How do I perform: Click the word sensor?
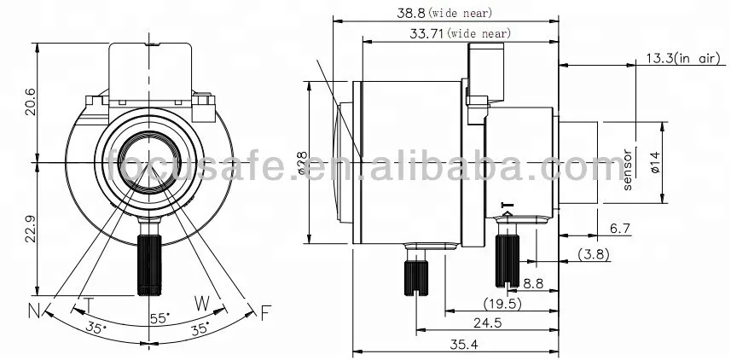[626, 171]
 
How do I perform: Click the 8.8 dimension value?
[534, 282]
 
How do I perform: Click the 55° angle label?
[160, 317]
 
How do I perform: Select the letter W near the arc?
[202, 302]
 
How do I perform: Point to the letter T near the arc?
[88, 304]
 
